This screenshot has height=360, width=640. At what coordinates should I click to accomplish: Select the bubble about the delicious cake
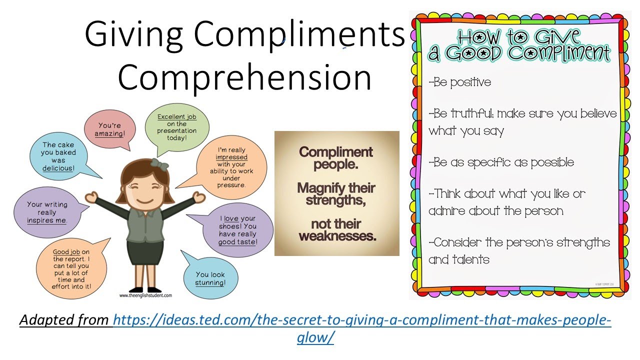click(59, 157)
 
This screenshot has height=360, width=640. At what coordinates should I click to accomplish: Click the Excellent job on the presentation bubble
click(177, 127)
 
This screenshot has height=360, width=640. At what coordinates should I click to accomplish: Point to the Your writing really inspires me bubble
click(47, 212)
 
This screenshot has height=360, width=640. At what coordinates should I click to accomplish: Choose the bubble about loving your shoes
click(237, 230)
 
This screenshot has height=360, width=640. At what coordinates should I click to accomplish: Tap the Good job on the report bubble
click(71, 270)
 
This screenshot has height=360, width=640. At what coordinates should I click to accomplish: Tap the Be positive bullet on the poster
click(460, 82)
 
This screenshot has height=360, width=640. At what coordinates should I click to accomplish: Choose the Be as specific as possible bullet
click(501, 162)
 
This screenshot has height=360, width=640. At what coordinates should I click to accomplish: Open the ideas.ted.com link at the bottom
click(362, 320)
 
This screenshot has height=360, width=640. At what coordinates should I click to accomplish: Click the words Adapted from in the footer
click(65, 320)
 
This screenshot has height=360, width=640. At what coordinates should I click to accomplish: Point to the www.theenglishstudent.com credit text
click(145, 295)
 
